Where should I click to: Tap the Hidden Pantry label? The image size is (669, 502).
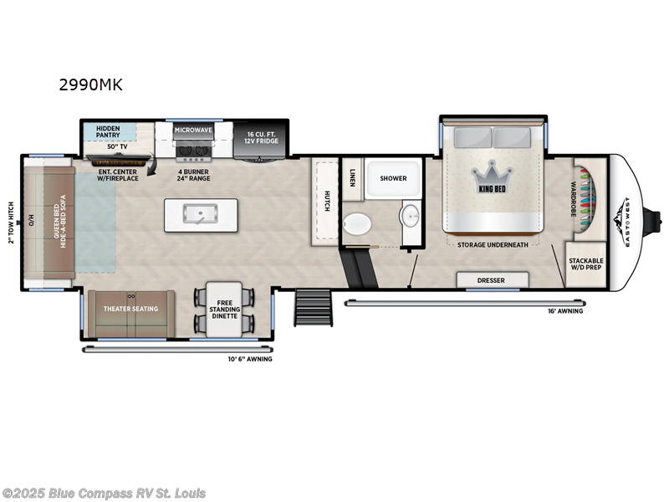108,131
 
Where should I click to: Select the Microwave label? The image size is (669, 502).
193,131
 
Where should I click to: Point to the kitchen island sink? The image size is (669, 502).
199,215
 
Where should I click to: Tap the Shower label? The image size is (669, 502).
393,178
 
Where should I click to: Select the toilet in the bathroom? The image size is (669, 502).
357,224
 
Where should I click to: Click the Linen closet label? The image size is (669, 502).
353,177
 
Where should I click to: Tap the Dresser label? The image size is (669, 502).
491,280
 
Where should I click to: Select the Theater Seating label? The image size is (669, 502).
130,309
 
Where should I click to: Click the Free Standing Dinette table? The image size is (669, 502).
223,310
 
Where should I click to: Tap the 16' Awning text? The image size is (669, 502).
566,311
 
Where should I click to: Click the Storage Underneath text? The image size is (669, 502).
493,245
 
